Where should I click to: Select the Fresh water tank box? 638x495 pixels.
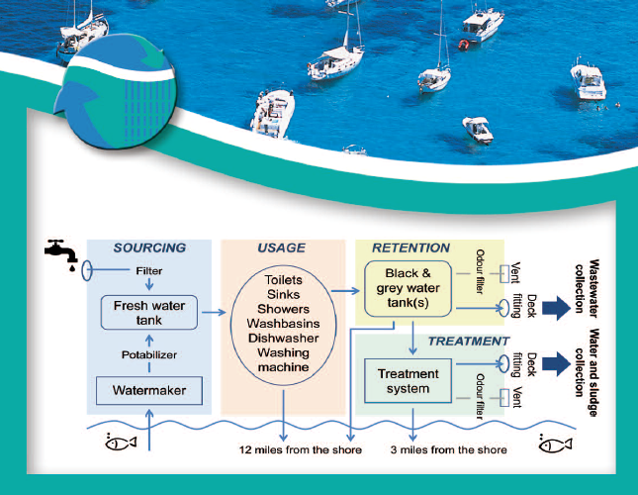[149, 313]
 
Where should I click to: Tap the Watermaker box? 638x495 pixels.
[149, 390]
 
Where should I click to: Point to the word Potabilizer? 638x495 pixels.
[149, 355]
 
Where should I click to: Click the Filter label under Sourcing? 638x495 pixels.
[149, 270]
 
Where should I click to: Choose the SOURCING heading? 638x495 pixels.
[149, 247]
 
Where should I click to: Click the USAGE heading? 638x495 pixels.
[281, 247]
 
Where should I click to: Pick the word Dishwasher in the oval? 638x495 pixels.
[283, 339]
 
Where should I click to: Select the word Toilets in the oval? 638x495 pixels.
[283, 280]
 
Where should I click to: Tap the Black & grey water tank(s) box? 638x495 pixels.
[409, 289]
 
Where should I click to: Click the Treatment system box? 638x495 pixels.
[409, 381]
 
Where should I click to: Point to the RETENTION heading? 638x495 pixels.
[410, 247]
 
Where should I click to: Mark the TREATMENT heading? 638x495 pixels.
[468, 342]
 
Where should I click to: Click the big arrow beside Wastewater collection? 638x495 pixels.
[556, 308]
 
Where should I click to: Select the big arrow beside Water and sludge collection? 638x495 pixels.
[556, 364]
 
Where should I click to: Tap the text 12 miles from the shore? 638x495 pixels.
[301, 449]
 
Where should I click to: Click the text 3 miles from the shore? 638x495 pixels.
[449, 449]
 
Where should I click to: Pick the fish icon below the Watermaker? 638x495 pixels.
[121, 443]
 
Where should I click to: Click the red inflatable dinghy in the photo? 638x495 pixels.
[464, 44]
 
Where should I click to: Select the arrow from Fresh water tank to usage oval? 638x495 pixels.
[214, 312]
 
